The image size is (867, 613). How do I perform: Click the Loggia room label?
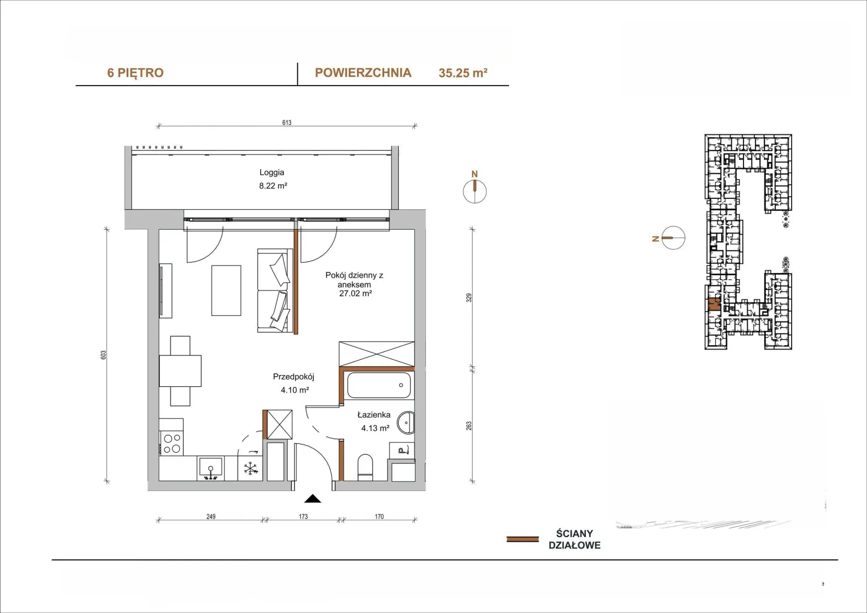271,172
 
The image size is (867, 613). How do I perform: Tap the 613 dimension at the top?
287,122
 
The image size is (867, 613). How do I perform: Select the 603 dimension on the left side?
103,354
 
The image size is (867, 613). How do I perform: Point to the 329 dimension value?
469,298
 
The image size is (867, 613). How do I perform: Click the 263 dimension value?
469,425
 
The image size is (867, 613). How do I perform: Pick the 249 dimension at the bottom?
211,516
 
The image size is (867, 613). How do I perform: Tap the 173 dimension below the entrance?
303,516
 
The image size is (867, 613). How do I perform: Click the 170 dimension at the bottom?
379,516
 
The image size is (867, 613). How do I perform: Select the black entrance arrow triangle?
312,499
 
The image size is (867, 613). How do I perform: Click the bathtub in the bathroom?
379,385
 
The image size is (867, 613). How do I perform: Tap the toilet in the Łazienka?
365,467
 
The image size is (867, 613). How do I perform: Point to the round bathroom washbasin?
406,422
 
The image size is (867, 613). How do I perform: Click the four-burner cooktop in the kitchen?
172,444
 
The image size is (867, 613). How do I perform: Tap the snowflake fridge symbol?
250,469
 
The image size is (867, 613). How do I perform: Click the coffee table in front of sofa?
226,291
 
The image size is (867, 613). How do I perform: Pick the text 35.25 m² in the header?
463,73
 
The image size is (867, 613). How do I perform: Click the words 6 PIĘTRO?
135,73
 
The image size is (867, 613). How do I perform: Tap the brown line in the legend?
522,539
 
